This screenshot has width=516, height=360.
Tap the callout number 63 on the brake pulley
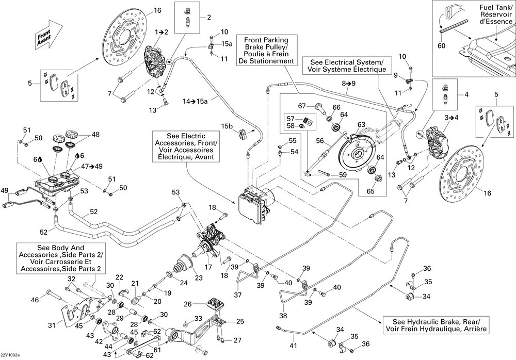(x=361, y=124)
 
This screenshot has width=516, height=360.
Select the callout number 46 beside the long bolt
(x=35, y=300)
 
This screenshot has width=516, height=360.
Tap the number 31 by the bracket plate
(x=52, y=325)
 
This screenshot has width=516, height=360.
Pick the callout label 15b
(x=228, y=126)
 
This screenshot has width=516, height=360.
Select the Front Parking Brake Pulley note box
(x=266, y=50)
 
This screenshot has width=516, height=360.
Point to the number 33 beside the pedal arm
(x=198, y=318)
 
